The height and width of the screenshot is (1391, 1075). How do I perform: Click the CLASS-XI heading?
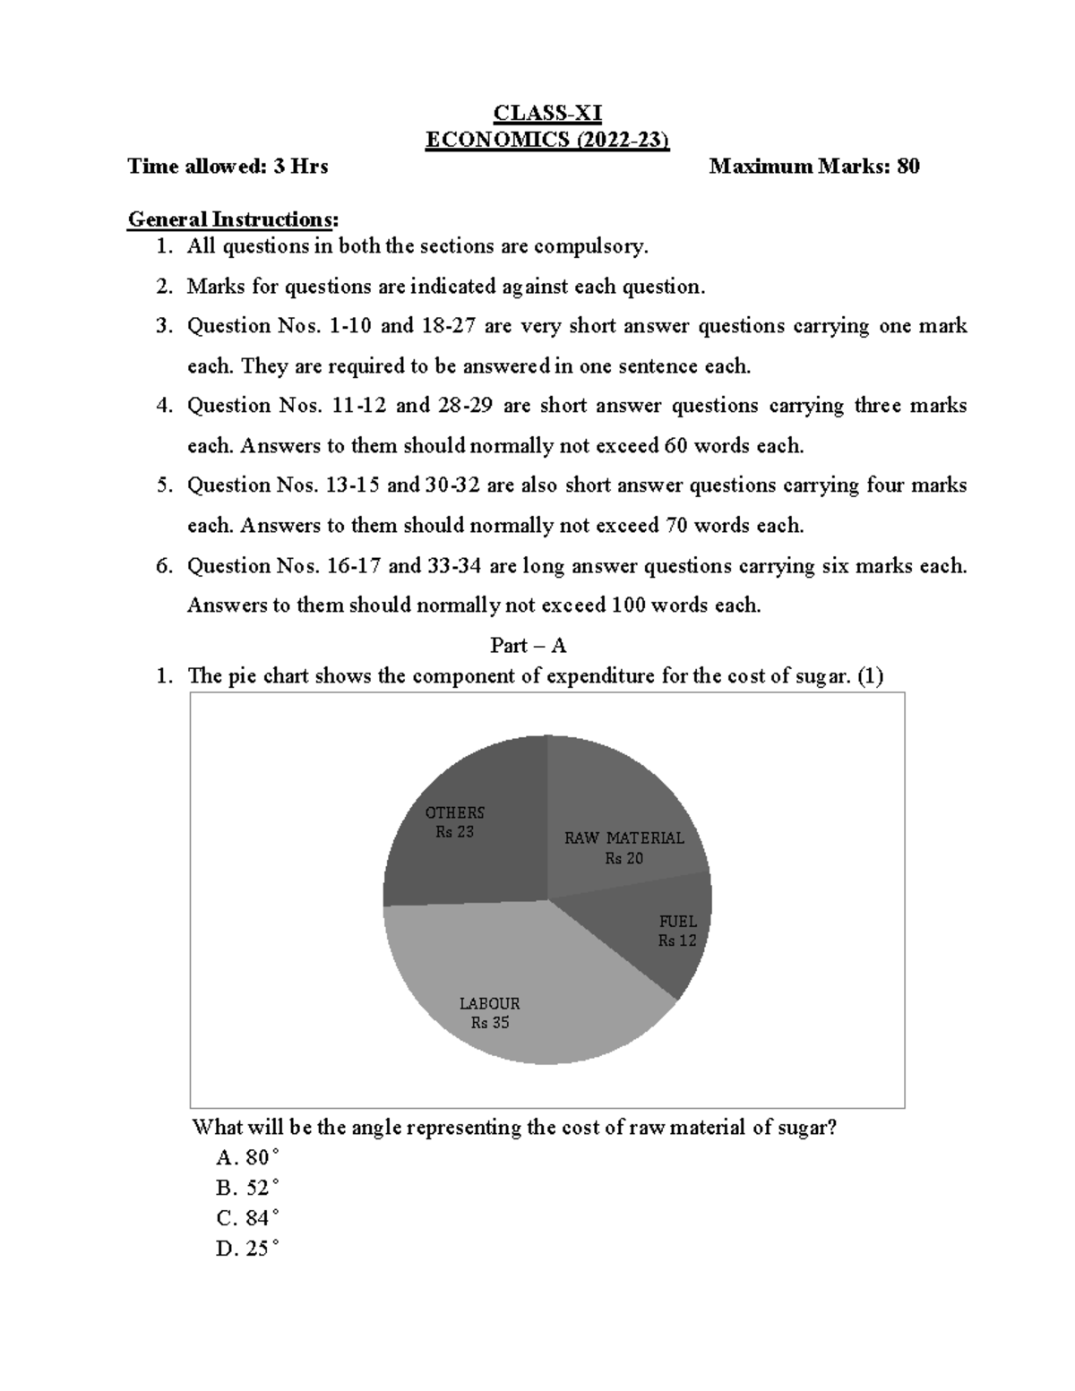[547, 114]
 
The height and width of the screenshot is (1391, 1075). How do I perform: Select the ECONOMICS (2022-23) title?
[547, 140]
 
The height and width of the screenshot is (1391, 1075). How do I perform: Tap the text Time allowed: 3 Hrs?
[228, 167]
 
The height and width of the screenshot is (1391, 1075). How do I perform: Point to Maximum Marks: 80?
[813, 167]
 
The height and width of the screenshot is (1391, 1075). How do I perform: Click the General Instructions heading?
[234, 219]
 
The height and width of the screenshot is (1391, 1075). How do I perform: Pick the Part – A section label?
[528, 646]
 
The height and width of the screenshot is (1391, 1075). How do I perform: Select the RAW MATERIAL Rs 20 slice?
[623, 846]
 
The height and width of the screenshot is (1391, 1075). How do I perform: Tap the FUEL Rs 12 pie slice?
[676, 932]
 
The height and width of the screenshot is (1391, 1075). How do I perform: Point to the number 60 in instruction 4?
[675, 446]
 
